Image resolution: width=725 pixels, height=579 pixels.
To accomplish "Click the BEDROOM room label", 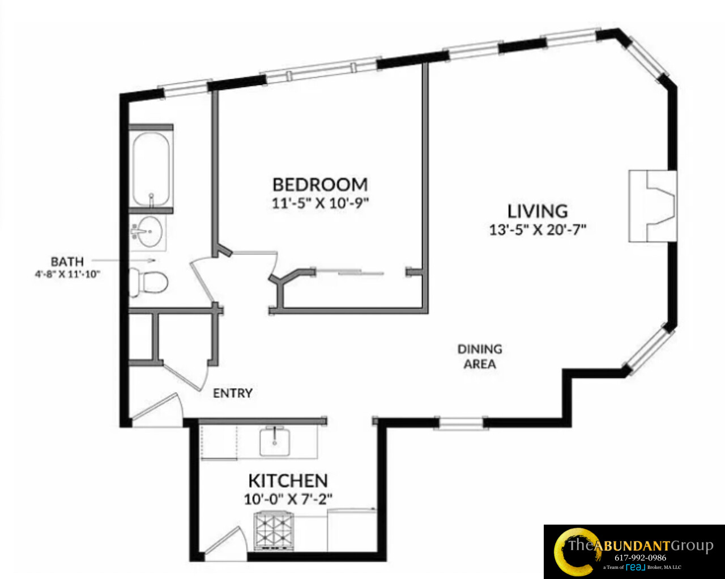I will click(x=320, y=185).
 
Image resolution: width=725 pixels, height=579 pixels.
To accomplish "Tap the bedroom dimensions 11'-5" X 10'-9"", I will click(x=320, y=203).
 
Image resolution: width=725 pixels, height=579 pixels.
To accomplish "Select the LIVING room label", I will click(x=538, y=211).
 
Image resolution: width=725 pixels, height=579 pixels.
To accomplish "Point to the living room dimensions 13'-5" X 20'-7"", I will click(x=538, y=229).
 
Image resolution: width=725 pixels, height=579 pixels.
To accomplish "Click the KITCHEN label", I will click(x=288, y=481).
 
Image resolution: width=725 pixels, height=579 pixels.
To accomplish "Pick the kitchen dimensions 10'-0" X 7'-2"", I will click(x=288, y=499).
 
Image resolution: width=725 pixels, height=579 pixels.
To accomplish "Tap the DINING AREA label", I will click(x=480, y=356).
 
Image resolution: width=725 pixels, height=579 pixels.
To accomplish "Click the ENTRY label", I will click(x=232, y=393).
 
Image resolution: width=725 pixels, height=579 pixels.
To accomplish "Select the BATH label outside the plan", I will click(x=67, y=262).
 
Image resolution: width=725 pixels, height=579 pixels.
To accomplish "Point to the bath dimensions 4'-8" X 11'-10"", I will click(x=67, y=274).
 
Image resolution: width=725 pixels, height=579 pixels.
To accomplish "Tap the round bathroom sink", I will click(x=150, y=232).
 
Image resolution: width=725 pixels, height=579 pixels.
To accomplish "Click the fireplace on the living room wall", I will click(x=653, y=206).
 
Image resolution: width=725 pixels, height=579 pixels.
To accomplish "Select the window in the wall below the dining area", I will click(x=459, y=423).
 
